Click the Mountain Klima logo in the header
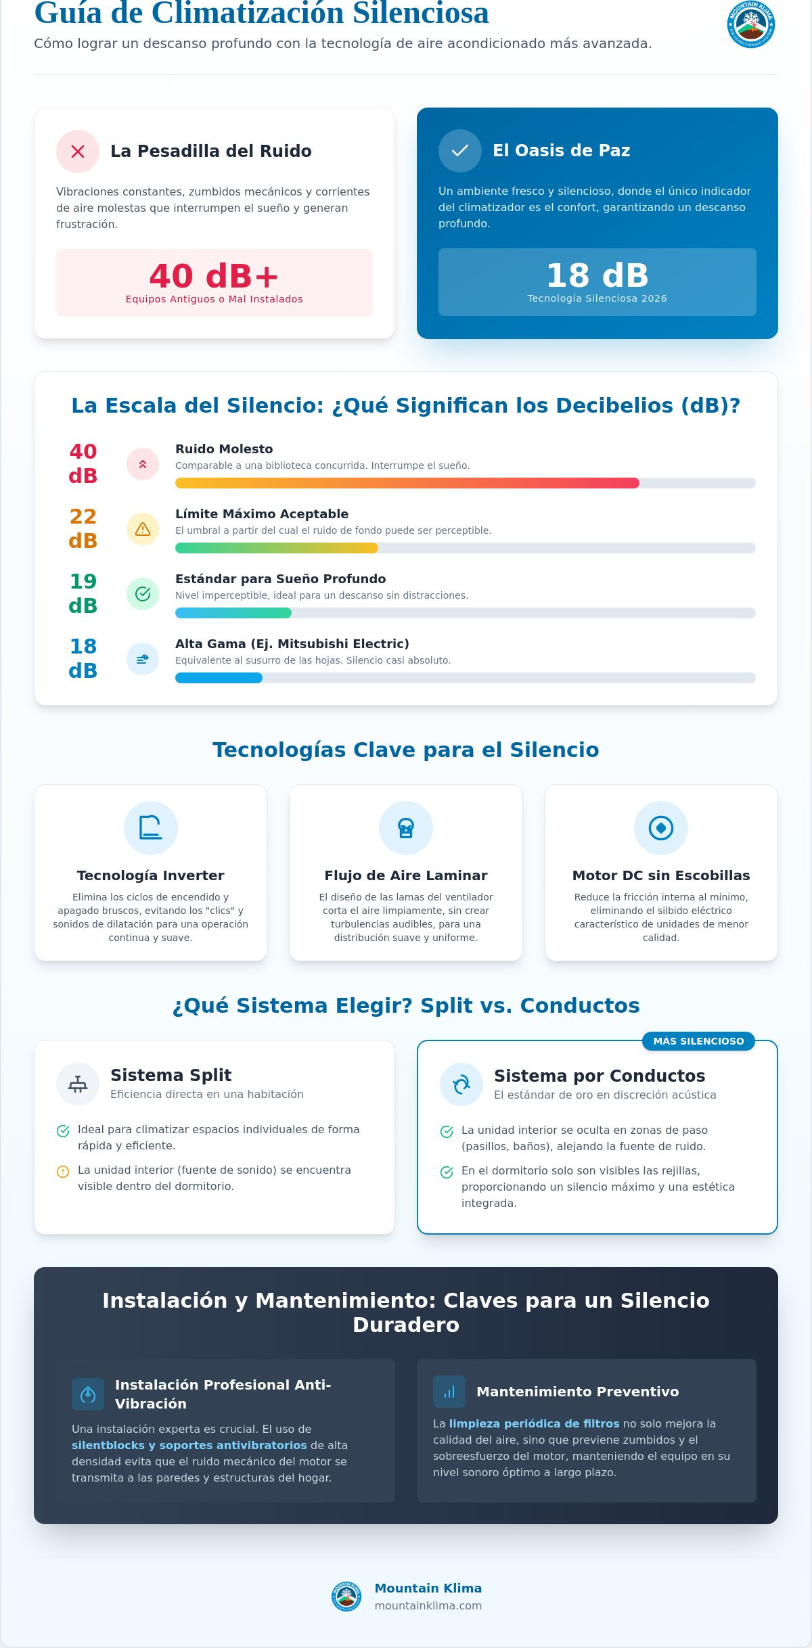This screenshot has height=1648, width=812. [x=751, y=24]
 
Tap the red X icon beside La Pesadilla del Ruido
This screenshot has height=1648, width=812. [x=78, y=152]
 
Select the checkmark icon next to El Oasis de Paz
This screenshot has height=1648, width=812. [x=460, y=151]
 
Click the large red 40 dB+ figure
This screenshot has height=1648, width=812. [x=214, y=276]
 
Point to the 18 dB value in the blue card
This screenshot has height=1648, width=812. [x=597, y=275]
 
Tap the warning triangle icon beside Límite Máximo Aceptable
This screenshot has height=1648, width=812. [x=143, y=529]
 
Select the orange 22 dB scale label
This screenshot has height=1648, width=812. [x=83, y=528]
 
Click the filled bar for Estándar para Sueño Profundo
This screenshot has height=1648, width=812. [x=233, y=613]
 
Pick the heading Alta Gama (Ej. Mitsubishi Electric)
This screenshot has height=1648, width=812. [x=292, y=644]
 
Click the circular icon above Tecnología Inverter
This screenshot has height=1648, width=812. [x=151, y=828]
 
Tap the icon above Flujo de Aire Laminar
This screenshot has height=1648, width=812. [x=406, y=828]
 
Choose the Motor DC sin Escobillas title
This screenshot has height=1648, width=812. [x=661, y=875]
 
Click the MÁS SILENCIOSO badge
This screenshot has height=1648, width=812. [x=699, y=1041]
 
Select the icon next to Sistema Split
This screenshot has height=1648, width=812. [x=78, y=1084]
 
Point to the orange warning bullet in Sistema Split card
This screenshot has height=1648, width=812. [x=63, y=1172]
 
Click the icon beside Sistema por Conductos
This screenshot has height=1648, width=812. [x=461, y=1084]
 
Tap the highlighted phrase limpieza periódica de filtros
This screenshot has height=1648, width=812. [x=535, y=1423]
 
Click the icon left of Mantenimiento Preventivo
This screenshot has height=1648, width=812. [x=449, y=1392]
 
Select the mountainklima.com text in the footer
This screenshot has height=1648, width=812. [x=428, y=1605]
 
